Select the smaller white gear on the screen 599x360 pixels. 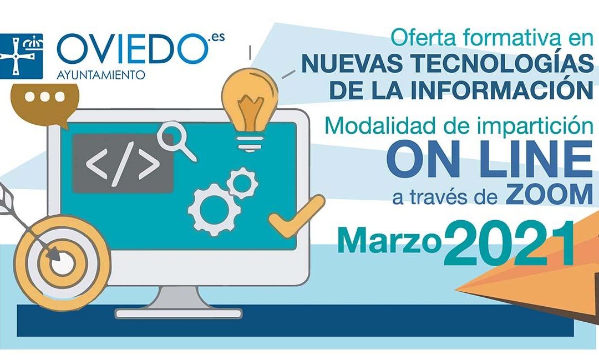pyautogui.click(x=242, y=184)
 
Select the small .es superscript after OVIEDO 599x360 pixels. pyautogui.click(x=214, y=39)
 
